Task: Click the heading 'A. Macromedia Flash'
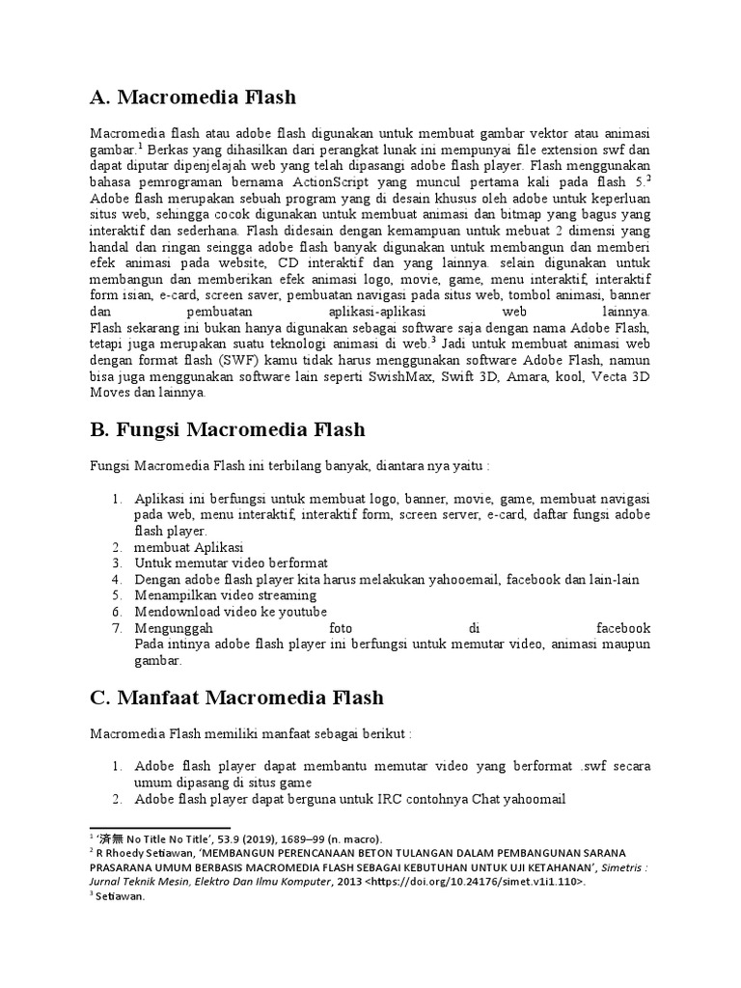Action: click(x=193, y=97)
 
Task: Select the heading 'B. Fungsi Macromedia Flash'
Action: click(x=228, y=428)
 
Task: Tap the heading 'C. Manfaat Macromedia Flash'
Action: click(x=236, y=697)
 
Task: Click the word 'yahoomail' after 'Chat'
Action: click(x=531, y=799)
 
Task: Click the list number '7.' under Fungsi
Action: click(x=117, y=628)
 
